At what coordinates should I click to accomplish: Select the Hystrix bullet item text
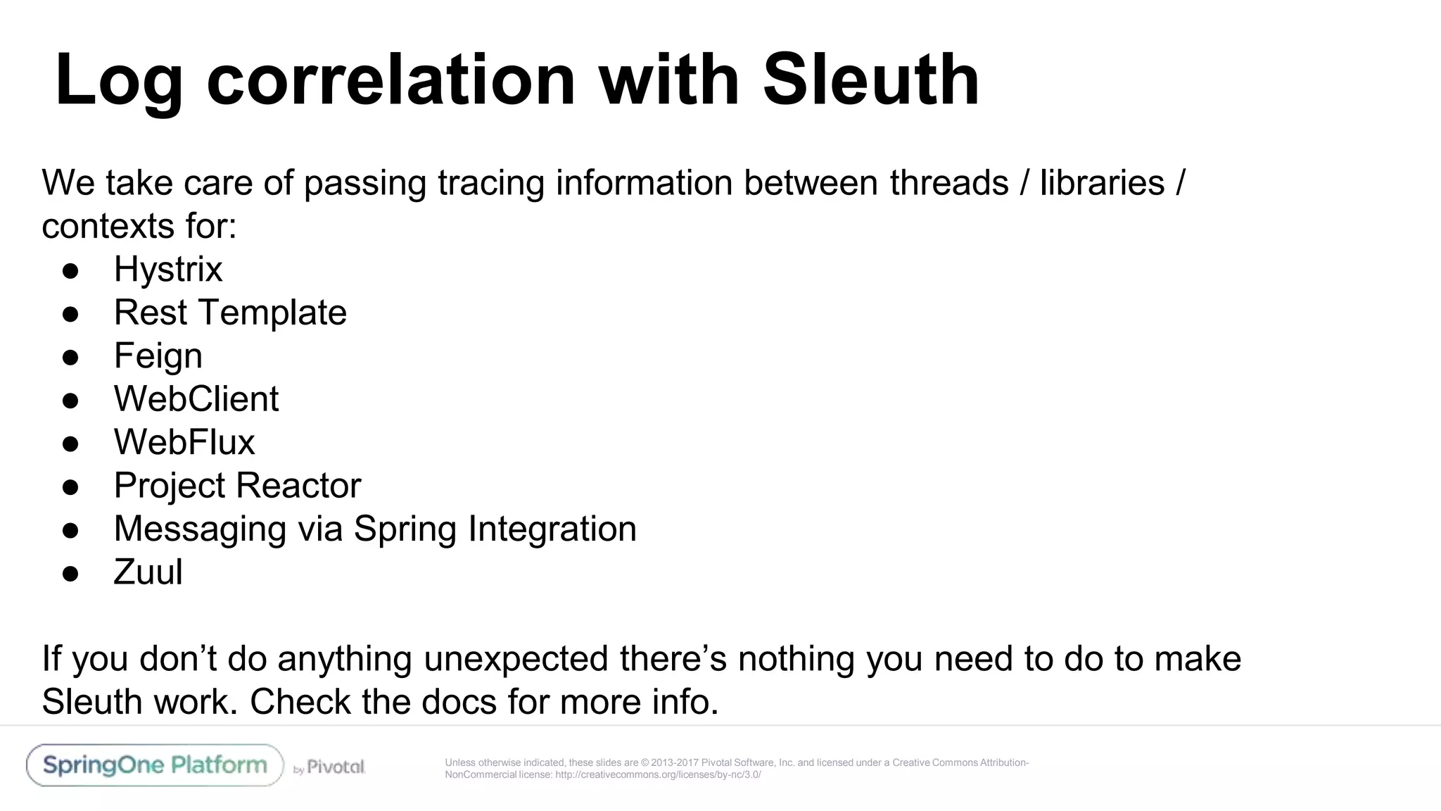[168, 270]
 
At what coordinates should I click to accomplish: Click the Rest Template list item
[230, 313]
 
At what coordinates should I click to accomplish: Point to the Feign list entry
[158, 356]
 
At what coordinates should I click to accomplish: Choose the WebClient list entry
[196, 399]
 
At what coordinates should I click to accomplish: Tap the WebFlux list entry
[184, 442]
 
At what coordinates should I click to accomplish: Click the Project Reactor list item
[237, 486]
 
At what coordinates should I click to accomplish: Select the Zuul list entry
[148, 572]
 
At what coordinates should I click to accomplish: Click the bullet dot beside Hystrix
[70, 271]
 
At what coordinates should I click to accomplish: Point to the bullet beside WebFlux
[70, 444]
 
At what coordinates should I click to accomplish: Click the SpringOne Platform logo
[155, 765]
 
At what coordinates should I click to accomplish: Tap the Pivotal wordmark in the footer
[336, 767]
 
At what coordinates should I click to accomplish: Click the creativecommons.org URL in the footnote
[658, 775]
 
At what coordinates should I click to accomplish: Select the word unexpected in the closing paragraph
[516, 659]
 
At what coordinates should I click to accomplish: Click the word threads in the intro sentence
[949, 183]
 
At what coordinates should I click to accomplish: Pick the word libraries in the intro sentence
[1102, 183]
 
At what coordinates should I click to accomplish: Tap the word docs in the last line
[459, 702]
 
